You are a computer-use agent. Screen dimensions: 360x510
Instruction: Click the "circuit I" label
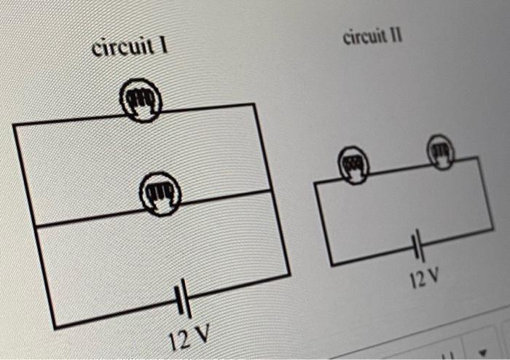(x=130, y=48)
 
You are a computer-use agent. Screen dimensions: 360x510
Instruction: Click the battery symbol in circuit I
(x=183, y=300)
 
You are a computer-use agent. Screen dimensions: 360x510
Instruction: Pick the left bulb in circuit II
(x=353, y=164)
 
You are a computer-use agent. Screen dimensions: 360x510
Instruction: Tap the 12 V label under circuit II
(x=425, y=278)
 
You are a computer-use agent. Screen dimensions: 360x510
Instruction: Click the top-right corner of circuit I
(x=254, y=104)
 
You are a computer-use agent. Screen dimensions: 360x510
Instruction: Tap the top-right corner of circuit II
(x=478, y=157)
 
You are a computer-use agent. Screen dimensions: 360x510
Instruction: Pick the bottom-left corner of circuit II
(x=332, y=265)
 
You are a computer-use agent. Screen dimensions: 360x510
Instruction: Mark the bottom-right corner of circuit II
(x=493, y=229)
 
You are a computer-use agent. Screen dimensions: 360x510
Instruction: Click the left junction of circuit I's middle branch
(x=34, y=228)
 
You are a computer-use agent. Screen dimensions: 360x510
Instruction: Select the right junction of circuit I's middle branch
(x=272, y=190)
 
